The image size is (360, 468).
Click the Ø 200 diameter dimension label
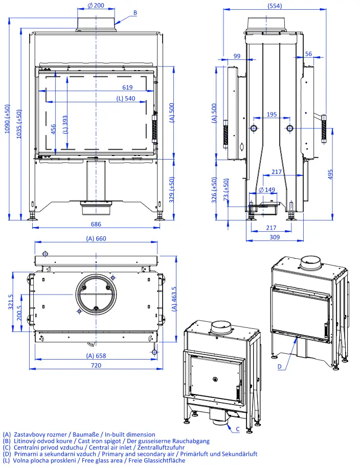96,6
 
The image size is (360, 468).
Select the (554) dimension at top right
275,6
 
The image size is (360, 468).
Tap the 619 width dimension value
127,87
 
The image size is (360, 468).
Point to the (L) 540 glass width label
126,99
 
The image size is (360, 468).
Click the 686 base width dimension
96,224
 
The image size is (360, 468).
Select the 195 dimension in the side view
272,114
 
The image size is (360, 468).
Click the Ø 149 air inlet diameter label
267,190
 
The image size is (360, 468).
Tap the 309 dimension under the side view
275,237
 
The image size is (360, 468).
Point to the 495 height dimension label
330,174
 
